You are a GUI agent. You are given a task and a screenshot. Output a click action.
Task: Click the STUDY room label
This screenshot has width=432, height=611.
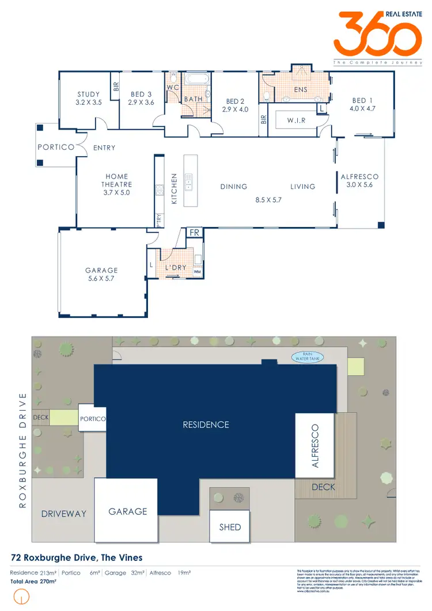click(89, 94)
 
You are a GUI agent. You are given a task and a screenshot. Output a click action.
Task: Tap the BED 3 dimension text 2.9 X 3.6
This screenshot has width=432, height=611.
click(142, 103)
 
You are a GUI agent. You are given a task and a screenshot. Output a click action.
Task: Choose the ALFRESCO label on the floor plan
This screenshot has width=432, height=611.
click(359, 177)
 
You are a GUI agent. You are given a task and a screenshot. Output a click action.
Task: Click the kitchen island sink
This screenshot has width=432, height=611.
click(188, 181)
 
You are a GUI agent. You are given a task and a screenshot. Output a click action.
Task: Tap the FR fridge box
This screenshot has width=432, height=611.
click(195, 233)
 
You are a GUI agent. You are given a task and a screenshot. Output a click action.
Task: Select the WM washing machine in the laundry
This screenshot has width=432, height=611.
click(197, 271)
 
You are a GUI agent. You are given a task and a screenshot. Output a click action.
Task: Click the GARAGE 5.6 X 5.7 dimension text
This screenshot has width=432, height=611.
click(101, 278)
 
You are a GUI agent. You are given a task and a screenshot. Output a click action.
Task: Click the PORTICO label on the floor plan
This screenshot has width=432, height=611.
click(56, 147)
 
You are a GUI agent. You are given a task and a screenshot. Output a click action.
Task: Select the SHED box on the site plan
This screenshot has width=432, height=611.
click(230, 526)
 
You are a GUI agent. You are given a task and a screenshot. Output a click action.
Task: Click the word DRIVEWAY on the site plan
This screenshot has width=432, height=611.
click(63, 514)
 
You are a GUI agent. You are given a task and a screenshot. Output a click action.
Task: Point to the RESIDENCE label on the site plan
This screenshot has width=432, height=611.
click(206, 424)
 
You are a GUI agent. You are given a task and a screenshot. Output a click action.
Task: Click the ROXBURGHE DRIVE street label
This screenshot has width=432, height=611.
click(23, 450)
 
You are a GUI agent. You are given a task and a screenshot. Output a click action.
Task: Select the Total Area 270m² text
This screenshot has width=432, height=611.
click(33, 582)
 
